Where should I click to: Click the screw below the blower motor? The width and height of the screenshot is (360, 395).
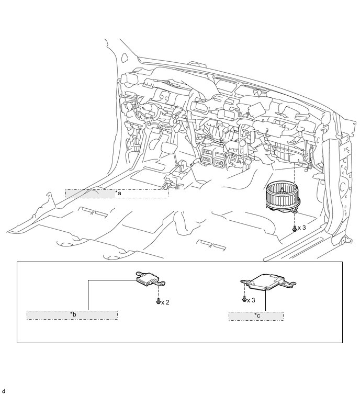pos(295,228)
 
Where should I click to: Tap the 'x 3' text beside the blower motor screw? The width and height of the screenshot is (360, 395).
pos(302,228)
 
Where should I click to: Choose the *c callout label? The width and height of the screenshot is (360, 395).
pos(256,316)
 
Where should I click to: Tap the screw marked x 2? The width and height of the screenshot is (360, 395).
pos(157,302)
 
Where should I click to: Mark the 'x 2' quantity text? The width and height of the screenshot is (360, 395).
pos(165,302)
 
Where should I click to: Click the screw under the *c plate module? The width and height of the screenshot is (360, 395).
pos(244,300)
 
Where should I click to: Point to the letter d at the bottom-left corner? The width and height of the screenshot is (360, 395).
pos(3,391)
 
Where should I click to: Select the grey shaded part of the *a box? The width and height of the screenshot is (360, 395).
pos(90,194)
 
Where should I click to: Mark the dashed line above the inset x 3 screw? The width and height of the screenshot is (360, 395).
pos(244,290)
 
